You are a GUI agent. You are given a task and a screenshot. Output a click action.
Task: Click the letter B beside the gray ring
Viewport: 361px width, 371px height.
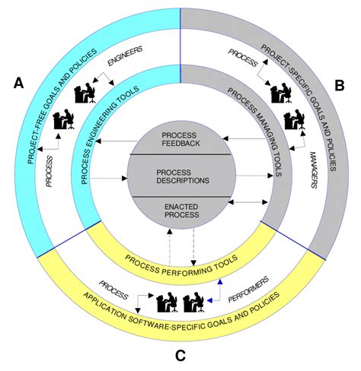(340, 84)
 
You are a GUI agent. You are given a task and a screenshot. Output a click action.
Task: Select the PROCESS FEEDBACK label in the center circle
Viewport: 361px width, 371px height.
(180, 140)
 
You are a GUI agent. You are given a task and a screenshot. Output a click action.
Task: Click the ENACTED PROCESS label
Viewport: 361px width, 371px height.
(180, 211)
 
